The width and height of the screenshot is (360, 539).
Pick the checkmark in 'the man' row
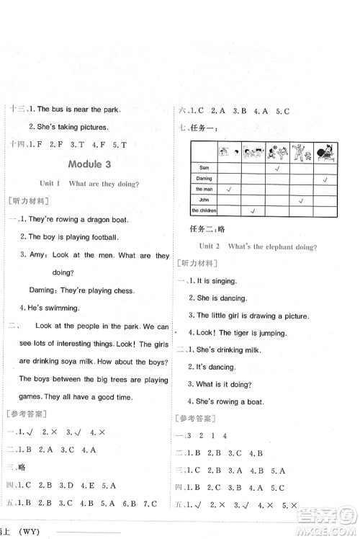(229, 189)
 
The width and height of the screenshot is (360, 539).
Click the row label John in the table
(203, 200)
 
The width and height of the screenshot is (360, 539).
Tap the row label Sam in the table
(203, 167)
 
